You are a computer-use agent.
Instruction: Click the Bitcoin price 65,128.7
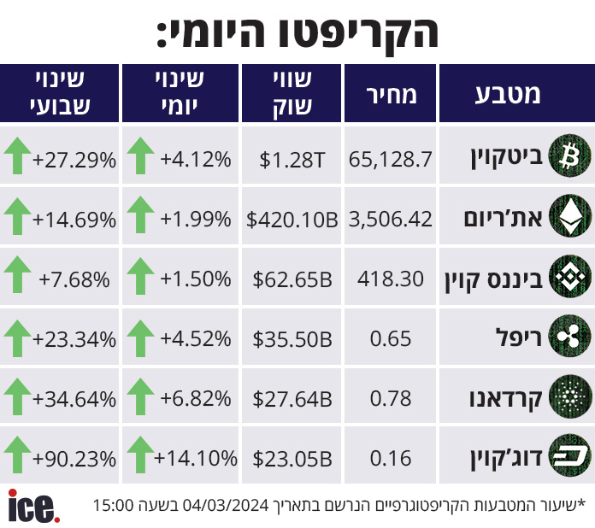pos(390,159)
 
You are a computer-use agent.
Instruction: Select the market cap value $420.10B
pos(292,220)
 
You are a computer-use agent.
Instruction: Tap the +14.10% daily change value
pos(196,458)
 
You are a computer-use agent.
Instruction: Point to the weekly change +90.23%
pos(74,459)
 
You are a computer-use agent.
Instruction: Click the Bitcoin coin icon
pos(570,155)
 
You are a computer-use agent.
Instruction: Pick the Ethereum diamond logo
pos(570,216)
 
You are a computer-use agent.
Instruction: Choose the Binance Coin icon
pos(570,276)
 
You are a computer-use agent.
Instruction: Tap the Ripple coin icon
pos(570,336)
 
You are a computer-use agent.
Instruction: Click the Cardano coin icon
pos(570,396)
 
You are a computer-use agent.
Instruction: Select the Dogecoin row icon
pos(570,455)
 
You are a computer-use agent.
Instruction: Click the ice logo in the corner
pos(34,506)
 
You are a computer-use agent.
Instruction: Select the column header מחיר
pos(392,95)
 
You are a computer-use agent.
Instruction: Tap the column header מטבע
pos(507,94)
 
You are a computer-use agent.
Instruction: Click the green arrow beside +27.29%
pos(17,155)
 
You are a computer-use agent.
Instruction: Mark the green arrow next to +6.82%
pos(140,396)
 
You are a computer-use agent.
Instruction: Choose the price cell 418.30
pos(390,279)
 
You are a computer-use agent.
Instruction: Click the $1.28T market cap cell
pos(292,160)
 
